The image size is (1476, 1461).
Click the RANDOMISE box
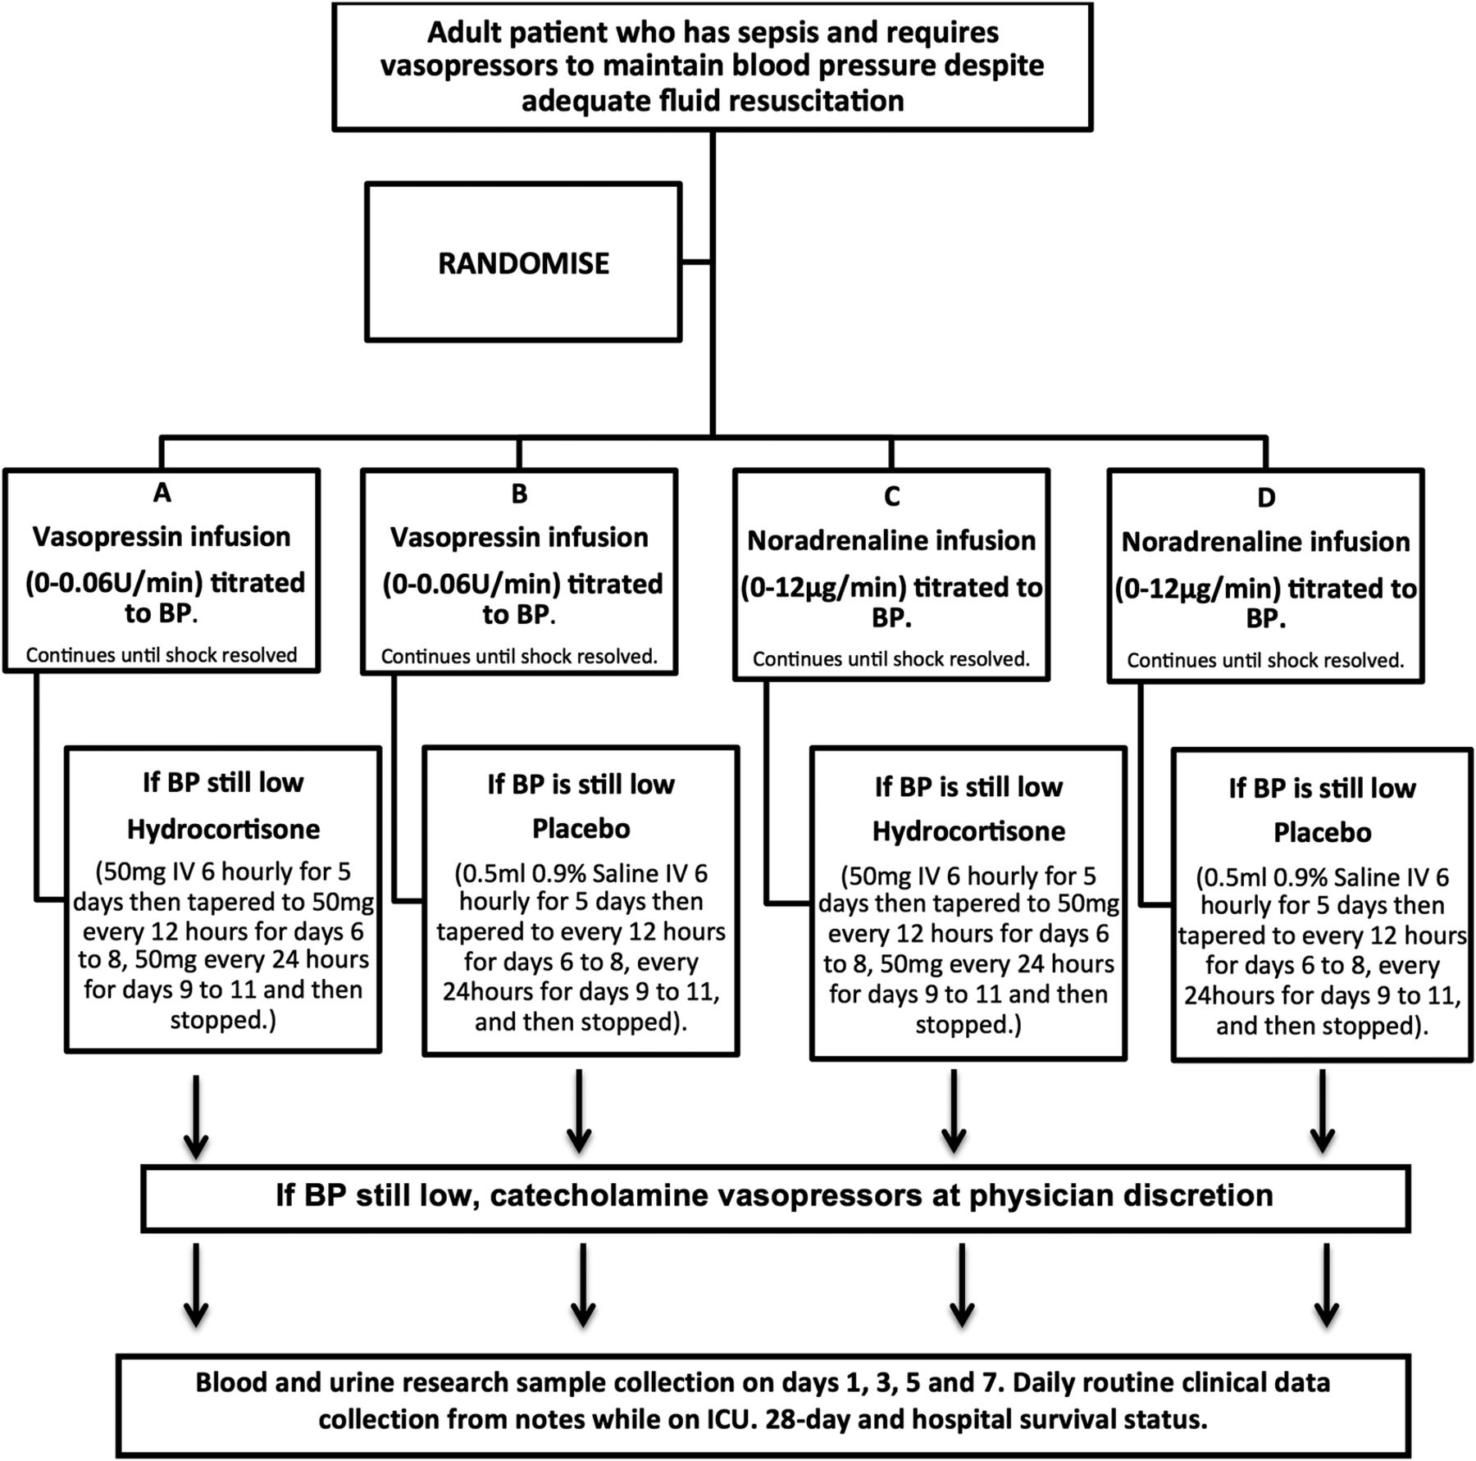(523, 262)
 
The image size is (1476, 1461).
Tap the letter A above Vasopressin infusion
(162, 492)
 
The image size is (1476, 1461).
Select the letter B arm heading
(519, 493)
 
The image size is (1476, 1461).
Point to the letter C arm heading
(891, 495)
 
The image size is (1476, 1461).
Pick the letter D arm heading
(1266, 497)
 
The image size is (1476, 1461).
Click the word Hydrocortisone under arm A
(223, 829)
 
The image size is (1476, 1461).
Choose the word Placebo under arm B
(581, 828)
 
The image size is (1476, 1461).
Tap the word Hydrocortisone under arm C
(968, 831)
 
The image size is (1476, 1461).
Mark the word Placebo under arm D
(1322, 832)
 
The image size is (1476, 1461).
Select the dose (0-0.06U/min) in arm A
(114, 583)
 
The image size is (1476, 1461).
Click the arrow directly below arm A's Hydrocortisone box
(195, 1117)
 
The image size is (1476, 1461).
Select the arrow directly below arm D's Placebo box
(1322, 1111)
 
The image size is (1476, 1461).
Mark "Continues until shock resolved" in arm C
(891, 659)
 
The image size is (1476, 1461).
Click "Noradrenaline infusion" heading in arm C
(891, 541)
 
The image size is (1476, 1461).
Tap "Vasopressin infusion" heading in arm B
(519, 538)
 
